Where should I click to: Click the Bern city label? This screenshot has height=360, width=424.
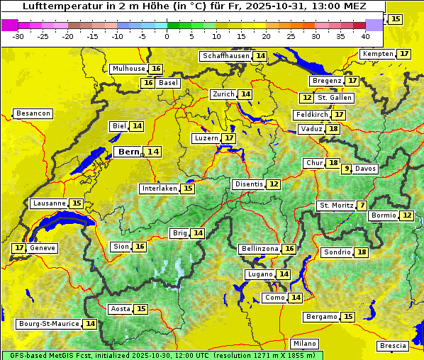(128, 152)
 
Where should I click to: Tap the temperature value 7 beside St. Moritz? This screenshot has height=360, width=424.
(362, 206)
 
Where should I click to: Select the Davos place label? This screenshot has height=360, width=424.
(366, 169)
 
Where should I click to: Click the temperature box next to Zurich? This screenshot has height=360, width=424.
(245, 94)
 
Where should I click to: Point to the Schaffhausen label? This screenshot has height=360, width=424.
(226, 56)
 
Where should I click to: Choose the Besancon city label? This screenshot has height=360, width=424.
(33, 113)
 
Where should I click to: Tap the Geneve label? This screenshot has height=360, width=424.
(42, 248)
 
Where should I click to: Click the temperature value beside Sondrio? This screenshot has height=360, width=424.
(362, 252)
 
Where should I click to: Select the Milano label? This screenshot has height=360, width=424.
(305, 343)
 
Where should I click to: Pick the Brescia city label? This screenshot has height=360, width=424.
(393, 346)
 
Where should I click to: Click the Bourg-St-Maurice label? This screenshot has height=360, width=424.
(48, 324)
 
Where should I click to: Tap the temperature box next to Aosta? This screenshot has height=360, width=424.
(141, 309)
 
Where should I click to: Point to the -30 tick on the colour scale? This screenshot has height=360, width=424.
(18, 35)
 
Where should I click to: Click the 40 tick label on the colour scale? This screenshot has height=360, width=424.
(365, 35)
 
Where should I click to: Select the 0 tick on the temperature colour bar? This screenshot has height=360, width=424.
(167, 35)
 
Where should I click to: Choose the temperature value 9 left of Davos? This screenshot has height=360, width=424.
(347, 169)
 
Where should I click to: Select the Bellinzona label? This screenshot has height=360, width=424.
(260, 249)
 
